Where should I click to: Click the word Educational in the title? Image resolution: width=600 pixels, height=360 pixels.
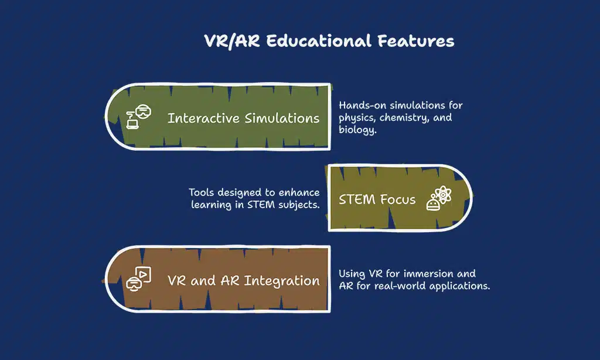click(x=319, y=40)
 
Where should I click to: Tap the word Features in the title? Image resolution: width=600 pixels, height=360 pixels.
click(x=416, y=40)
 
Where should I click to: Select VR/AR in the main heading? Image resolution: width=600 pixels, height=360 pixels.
click(x=232, y=42)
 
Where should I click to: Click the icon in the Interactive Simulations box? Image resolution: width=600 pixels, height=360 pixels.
click(x=138, y=117)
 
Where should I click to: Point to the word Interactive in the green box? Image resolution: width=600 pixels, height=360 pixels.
click(x=203, y=118)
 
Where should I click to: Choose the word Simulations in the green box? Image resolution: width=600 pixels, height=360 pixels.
click(x=282, y=118)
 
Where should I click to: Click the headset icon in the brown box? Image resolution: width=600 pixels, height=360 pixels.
click(x=138, y=279)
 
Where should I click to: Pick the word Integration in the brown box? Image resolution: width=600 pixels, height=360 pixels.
click(x=282, y=281)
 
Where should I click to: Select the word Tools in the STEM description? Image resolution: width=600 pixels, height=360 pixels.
click(x=202, y=192)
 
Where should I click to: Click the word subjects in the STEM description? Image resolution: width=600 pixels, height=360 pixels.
click(x=299, y=205)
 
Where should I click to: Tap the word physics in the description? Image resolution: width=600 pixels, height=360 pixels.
click(x=357, y=118)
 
